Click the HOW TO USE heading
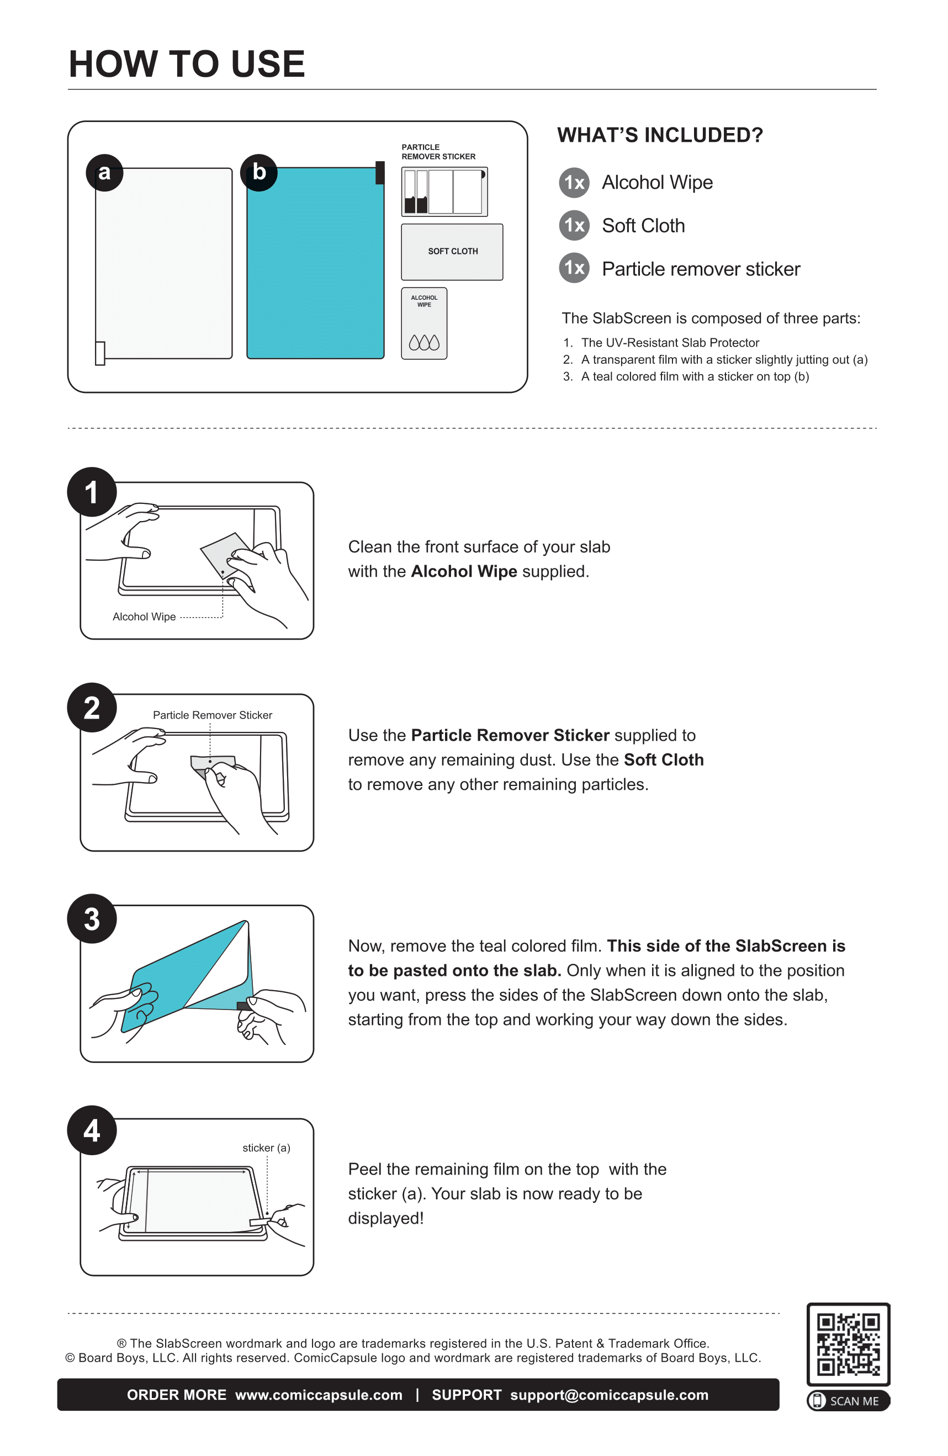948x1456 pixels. (x=187, y=64)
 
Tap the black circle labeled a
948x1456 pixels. (x=105, y=173)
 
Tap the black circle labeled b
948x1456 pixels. (x=259, y=173)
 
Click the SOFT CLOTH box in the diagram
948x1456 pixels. (x=452, y=252)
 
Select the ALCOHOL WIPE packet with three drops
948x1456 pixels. (x=423, y=323)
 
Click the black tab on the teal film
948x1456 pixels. (x=379, y=173)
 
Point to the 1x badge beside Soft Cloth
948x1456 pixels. (x=574, y=225)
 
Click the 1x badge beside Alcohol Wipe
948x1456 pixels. (x=574, y=182)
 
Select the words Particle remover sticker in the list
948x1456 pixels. (x=700, y=269)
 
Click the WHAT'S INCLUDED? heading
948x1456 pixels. (x=660, y=135)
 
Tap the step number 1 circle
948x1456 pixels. (x=92, y=492)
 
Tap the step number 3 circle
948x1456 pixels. (x=92, y=919)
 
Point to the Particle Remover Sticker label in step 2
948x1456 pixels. (x=213, y=715)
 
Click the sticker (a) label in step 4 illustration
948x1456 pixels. (x=266, y=1147)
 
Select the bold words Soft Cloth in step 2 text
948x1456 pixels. (x=664, y=760)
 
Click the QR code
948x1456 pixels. (x=848, y=1344)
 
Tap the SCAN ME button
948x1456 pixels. (x=848, y=1401)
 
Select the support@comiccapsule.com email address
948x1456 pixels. (x=609, y=1395)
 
